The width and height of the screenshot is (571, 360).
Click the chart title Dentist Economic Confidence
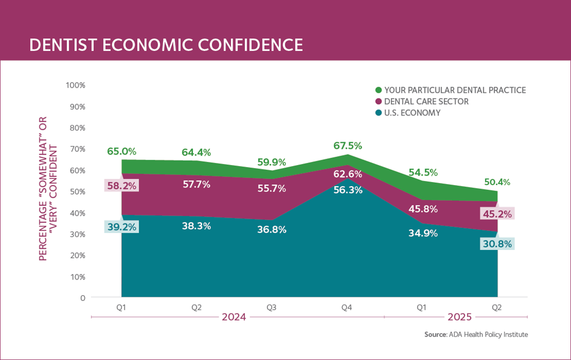click(166, 45)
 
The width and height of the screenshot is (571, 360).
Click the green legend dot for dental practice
click(378, 90)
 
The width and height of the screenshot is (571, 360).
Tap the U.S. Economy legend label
click(412, 113)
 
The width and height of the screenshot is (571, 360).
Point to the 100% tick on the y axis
click(76, 85)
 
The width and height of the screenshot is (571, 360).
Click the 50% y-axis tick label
click(78, 191)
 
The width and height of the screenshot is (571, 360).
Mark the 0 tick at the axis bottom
click(81, 298)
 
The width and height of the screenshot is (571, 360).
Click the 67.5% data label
click(347, 146)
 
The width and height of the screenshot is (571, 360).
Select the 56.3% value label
click(347, 190)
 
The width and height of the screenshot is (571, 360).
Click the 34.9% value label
click(423, 233)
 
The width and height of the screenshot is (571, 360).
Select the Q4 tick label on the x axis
click(347, 308)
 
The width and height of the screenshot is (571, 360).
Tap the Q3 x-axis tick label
click(271, 308)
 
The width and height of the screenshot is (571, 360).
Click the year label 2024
click(234, 316)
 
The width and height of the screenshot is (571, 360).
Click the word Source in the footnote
click(436, 335)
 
